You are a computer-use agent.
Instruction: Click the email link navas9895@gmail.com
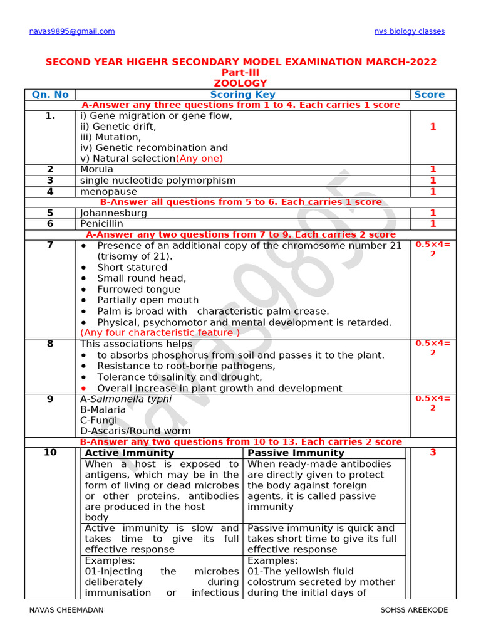click(x=72, y=31)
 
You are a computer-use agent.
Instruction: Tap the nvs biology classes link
click(x=410, y=31)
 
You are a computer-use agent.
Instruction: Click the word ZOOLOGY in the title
click(x=240, y=83)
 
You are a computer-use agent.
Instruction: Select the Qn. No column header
click(x=50, y=95)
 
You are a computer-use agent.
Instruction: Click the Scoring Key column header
click(x=242, y=95)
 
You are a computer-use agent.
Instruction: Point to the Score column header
click(x=429, y=95)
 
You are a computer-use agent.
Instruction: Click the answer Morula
click(x=97, y=169)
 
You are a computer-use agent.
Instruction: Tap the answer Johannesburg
click(x=113, y=213)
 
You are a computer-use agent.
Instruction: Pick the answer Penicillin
click(x=102, y=224)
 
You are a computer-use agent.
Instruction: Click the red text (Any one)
click(x=199, y=159)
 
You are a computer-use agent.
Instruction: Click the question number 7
click(x=50, y=245)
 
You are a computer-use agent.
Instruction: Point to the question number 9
click(x=50, y=399)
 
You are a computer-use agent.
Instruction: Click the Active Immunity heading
click(x=130, y=453)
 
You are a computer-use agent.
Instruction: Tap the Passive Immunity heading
click(x=296, y=453)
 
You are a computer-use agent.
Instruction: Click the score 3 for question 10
click(x=432, y=453)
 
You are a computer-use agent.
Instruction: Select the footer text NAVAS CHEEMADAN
click(x=66, y=610)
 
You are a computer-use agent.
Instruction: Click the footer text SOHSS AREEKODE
click(x=414, y=610)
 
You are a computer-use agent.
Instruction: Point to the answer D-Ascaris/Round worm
click(x=135, y=431)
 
